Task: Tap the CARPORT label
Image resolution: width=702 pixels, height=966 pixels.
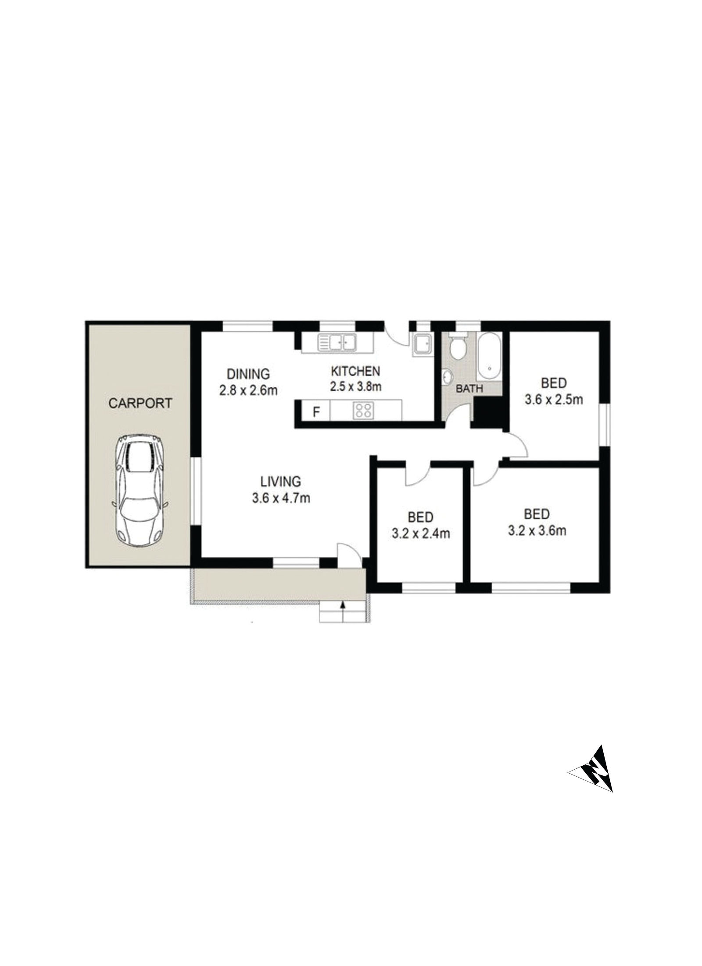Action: [140, 403]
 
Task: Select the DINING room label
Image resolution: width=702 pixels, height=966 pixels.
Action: [248, 374]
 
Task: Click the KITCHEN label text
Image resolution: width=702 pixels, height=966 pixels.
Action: [355, 371]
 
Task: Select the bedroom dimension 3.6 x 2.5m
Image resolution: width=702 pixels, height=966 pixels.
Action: [554, 400]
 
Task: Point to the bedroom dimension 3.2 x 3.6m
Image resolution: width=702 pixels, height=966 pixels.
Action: [537, 530]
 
